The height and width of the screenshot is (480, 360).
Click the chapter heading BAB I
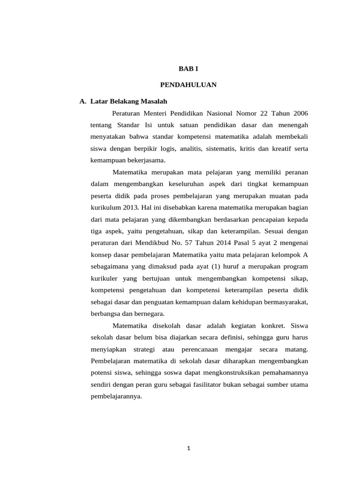click(x=188, y=69)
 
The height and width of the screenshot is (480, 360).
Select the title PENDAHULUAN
click(x=188, y=85)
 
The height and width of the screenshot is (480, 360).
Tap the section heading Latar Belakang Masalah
click(x=129, y=101)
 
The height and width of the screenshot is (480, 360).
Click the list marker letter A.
click(x=82, y=101)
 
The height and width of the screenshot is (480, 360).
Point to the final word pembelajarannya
click(x=116, y=396)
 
